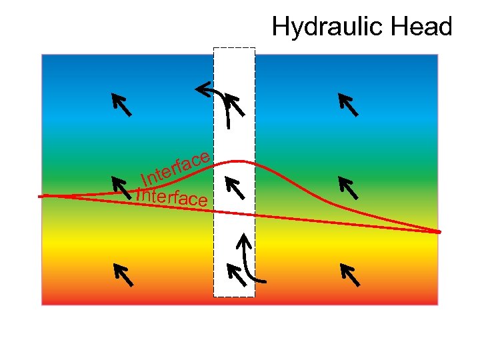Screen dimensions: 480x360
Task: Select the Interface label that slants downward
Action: click(x=172, y=197)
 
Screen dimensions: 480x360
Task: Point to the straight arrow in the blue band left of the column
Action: click(x=121, y=105)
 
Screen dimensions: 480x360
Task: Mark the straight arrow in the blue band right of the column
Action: click(x=348, y=105)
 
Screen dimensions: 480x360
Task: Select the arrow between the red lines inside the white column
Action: click(x=234, y=188)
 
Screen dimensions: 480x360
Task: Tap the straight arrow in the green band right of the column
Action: click(x=348, y=188)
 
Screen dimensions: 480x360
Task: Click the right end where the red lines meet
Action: click(x=439, y=231)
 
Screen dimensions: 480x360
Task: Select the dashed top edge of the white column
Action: click(x=234, y=48)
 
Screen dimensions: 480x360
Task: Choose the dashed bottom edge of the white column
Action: click(x=234, y=296)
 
